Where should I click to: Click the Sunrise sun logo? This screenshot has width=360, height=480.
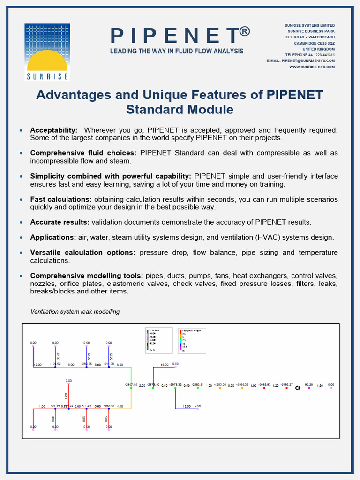click(47, 52)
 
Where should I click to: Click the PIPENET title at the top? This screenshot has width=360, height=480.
click(174, 36)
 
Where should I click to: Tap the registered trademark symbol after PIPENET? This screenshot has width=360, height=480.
click(244, 32)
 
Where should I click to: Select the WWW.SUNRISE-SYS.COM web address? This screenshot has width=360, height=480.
click(312, 67)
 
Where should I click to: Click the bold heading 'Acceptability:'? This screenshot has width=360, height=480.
click(54, 130)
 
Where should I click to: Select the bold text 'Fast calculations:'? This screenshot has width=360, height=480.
click(61, 199)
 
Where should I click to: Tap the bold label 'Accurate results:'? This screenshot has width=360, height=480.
click(60, 222)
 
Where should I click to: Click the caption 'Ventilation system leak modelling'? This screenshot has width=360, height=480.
click(75, 312)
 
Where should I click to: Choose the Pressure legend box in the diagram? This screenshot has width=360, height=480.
click(160, 340)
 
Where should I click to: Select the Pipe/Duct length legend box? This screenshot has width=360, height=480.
click(192, 340)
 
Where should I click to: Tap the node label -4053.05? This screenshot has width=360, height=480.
click(220, 385)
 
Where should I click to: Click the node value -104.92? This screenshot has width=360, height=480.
click(55, 364)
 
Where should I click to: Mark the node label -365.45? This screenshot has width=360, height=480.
click(109, 406)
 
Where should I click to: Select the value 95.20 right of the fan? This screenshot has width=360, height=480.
click(309, 385)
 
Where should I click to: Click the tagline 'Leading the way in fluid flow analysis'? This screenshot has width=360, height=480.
click(177, 51)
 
